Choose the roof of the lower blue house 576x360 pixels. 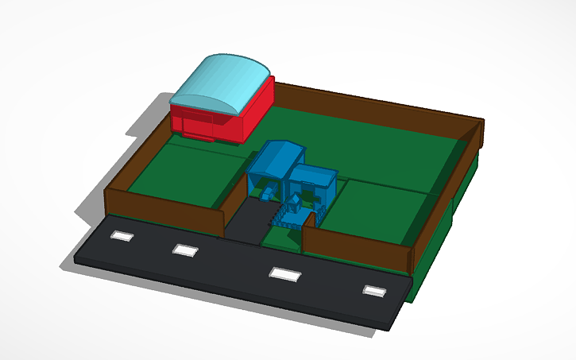pos(313,174)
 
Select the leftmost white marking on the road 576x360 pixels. pos(122,236)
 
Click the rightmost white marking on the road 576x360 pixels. pos(373,291)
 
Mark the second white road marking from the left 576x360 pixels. pos(185,250)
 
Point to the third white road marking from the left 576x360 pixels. pos(284,273)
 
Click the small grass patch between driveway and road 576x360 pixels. pos(282,238)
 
